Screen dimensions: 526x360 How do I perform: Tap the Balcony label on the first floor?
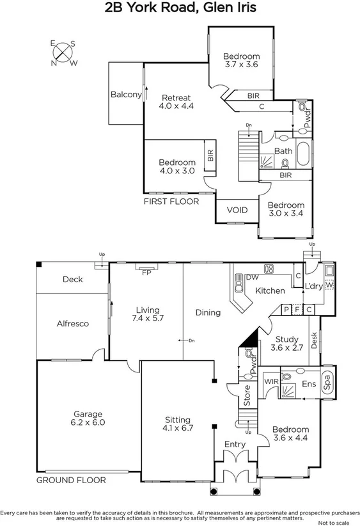125,95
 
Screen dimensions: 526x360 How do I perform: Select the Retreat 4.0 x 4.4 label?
175,102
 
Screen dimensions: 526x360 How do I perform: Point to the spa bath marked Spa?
327,383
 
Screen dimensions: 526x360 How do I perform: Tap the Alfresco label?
72,324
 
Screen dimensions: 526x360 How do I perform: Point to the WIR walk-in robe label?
271,383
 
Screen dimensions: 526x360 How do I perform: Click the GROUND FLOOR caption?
70,480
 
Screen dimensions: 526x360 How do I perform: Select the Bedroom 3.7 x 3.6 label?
242,60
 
